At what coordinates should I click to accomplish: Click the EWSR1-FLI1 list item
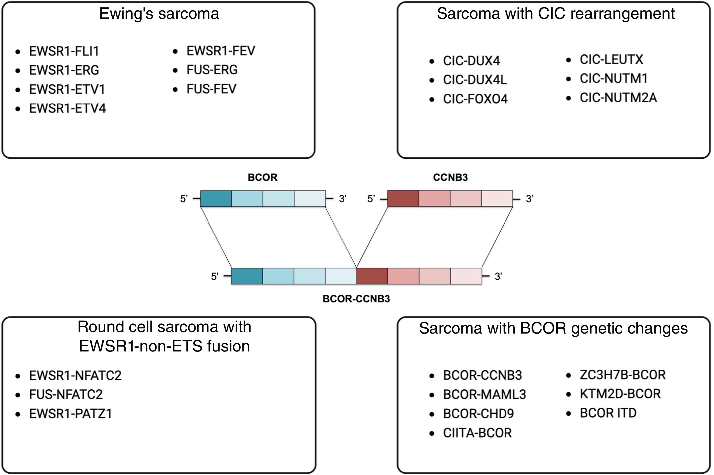tap(64, 51)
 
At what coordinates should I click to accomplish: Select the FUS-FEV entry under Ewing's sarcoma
tap(211, 89)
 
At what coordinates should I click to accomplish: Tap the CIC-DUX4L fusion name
tap(475, 80)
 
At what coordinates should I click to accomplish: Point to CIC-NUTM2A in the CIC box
tap(618, 98)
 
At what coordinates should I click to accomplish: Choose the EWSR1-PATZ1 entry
tap(71, 414)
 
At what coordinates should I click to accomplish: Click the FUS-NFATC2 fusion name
tap(66, 394)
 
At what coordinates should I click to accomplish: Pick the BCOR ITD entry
tap(608, 413)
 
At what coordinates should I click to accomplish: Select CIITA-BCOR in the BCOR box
tap(477, 433)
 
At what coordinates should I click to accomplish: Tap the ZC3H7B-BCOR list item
tap(623, 375)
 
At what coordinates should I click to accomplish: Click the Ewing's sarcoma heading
tap(159, 14)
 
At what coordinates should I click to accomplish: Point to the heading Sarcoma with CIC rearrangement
tap(555, 14)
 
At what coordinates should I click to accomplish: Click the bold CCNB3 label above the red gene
tap(450, 178)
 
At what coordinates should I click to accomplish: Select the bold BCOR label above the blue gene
tap(262, 178)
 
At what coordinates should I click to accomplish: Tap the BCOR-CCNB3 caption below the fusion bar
tap(356, 299)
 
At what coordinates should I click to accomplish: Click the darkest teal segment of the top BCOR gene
tap(216, 199)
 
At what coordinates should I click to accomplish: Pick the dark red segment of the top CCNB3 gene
tap(403, 199)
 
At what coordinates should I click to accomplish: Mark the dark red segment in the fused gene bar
tap(372, 276)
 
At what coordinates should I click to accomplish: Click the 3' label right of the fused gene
tap(498, 277)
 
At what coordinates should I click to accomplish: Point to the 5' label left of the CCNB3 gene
tap(371, 199)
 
